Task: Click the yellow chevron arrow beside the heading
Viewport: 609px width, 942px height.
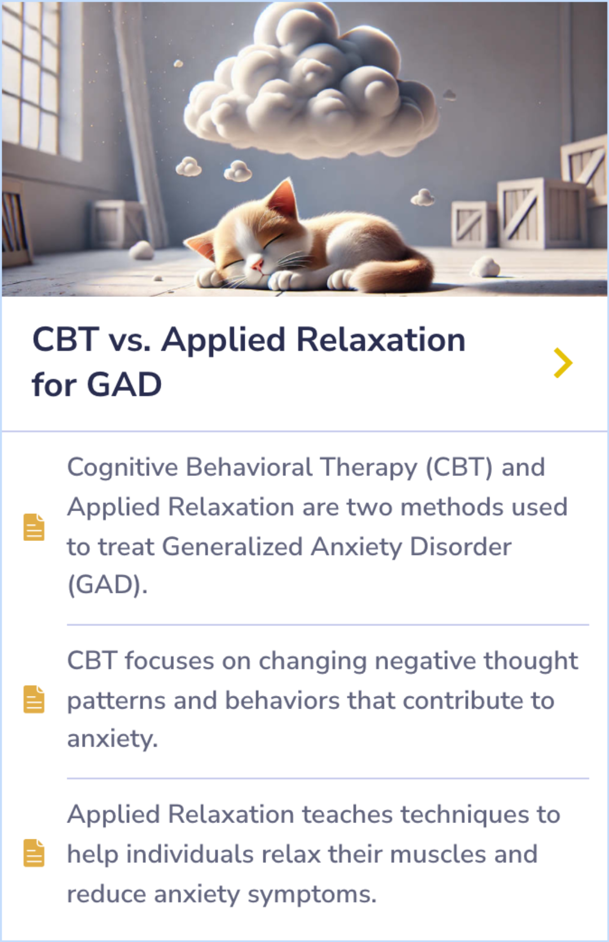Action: (563, 363)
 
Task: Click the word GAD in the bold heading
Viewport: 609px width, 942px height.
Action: (124, 385)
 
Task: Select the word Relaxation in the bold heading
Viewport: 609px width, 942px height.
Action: (381, 340)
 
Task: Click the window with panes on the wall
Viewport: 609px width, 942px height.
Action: (34, 79)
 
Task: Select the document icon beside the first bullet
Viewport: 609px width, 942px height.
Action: (34, 527)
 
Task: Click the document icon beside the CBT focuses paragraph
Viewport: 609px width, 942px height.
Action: (34, 699)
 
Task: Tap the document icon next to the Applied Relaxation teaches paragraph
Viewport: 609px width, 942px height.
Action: (34, 853)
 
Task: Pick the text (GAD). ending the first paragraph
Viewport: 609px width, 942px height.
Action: (107, 585)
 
